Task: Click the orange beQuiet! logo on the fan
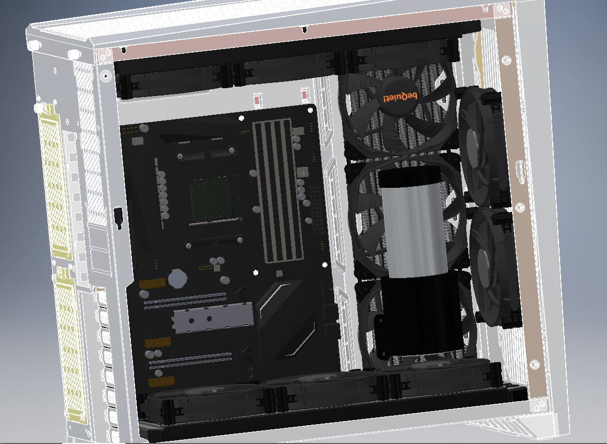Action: pyautogui.click(x=400, y=97)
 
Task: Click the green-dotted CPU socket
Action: pyautogui.click(x=213, y=200)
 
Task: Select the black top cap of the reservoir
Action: pyautogui.click(x=409, y=176)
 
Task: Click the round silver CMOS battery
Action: pyautogui.click(x=178, y=279)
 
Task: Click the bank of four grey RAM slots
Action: pyautogui.click(x=277, y=190)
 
